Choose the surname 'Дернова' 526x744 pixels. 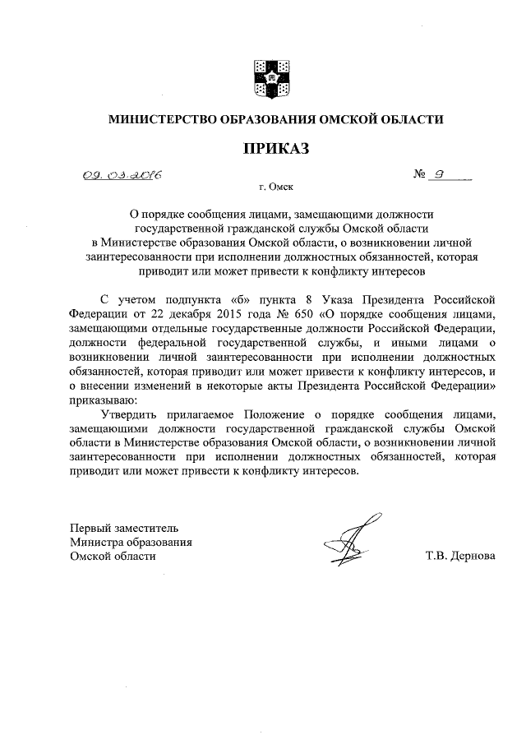[x=470, y=556]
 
